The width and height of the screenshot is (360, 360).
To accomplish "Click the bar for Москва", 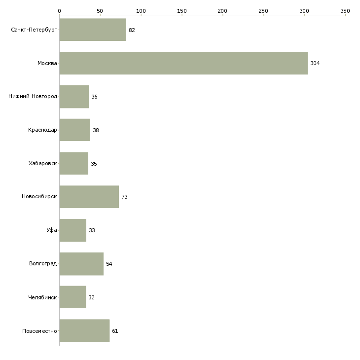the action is coord(183,63).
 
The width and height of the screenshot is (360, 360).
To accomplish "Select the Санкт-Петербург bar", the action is coord(93,30).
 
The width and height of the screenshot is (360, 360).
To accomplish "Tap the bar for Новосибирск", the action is coord(89,197).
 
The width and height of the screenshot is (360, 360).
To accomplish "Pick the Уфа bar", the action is coord(73,230).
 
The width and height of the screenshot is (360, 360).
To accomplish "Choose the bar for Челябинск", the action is coord(72,297).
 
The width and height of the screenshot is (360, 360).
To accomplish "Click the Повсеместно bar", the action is coord(84,330).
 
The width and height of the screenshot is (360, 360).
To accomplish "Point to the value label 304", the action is coord(315,63).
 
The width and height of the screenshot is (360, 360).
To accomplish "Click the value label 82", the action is coord(132,30).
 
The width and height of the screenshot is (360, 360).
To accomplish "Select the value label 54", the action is coord(109,264).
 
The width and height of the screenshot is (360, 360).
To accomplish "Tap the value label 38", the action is coord(96,130).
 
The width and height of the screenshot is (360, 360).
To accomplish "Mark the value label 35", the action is coord(94,164).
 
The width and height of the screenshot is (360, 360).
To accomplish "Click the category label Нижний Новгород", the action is coord(33,96).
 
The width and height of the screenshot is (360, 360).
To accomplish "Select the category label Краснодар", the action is coord(42,130).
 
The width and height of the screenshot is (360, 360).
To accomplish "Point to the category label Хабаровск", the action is coord(42,163).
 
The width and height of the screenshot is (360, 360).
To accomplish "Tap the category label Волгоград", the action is coord(43,263).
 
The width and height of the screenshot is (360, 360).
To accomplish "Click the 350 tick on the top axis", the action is coord(345,11).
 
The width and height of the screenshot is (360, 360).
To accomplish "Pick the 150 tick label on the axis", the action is coord(182,11).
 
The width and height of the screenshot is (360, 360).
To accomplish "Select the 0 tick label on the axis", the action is coord(60,11).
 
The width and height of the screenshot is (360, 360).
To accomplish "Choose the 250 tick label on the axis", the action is coord(263,11).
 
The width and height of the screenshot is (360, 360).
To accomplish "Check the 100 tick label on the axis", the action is coord(141,11).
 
